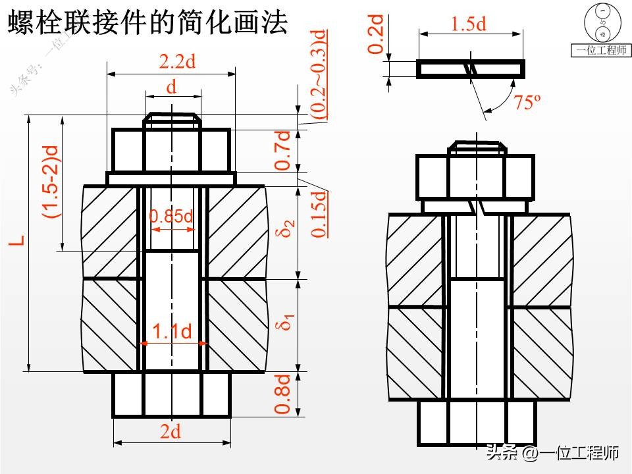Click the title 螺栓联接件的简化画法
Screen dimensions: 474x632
[x=147, y=24]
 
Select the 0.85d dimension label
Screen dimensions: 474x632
[x=171, y=216]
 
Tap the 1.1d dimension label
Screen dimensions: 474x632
[x=172, y=332]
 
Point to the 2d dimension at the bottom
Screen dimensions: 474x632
[x=171, y=432]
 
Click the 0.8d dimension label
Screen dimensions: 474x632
[x=282, y=394]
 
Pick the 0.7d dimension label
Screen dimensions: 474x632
[x=282, y=150]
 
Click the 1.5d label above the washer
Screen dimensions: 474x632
[x=468, y=24]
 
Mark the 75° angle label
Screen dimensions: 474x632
[x=527, y=103]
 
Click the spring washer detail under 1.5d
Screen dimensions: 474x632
[x=471, y=69]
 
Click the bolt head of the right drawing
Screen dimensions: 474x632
[x=477, y=422]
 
